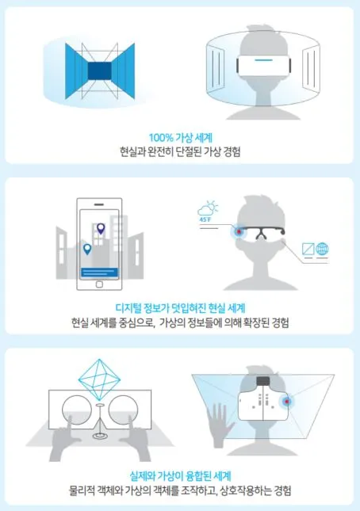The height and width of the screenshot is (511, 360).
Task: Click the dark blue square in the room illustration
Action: [99, 71]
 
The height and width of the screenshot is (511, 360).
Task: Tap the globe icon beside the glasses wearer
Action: [322, 249]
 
